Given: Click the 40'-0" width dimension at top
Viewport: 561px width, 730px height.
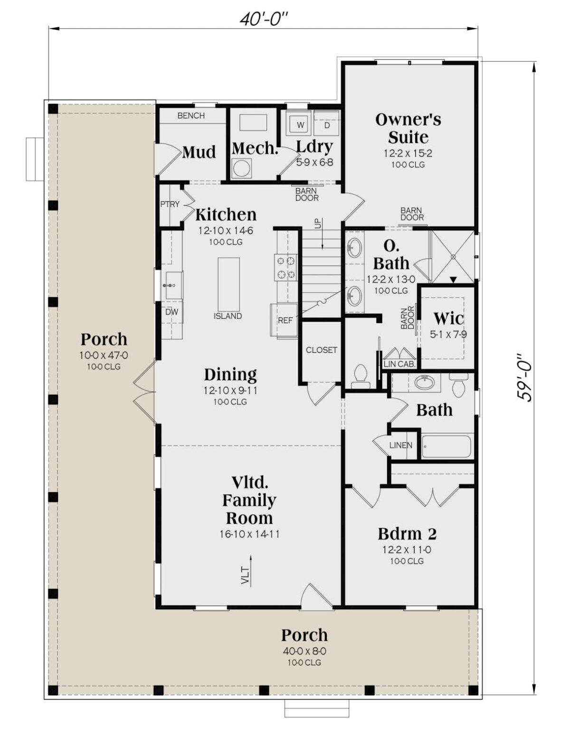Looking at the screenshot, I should click(263, 19).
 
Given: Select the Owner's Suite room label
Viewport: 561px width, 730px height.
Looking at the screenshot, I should click(408, 128).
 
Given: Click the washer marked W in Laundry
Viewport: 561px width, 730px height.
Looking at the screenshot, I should click(300, 125).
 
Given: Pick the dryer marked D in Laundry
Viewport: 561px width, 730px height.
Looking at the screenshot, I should click(327, 125).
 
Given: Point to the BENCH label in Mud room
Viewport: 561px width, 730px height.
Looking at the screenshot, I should click(191, 115).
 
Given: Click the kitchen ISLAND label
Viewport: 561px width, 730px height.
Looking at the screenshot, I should click(228, 316).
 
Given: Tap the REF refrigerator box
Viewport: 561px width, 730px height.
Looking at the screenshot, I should click(285, 320).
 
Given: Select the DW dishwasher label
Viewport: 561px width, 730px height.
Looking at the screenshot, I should click(171, 312).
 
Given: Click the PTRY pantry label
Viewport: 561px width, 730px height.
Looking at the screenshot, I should click(170, 204).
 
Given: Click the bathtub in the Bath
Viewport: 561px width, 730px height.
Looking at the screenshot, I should click(446, 446).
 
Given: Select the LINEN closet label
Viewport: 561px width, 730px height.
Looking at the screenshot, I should click(400, 445).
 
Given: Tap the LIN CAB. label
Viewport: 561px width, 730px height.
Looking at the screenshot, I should click(399, 364).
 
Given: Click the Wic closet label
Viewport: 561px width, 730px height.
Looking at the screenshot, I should click(448, 318).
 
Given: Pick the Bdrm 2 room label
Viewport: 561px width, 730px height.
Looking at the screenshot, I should click(407, 534).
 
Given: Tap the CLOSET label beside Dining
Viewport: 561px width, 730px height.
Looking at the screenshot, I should click(322, 350).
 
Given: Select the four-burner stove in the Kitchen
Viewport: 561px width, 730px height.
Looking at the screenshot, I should click(285, 267).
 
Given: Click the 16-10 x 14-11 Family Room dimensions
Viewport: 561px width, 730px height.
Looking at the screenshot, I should click(249, 534).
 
